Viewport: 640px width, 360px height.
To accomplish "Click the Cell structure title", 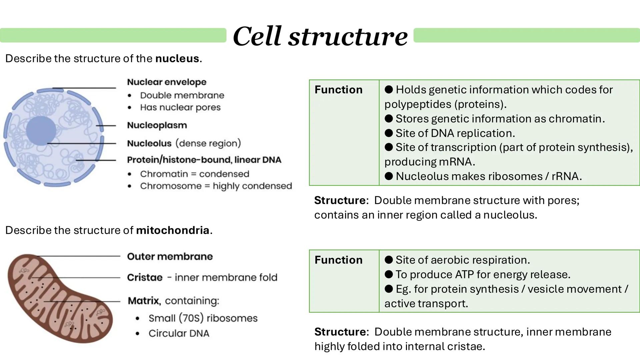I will coord(320,36).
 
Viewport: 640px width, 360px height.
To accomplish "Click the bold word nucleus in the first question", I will coord(177,59).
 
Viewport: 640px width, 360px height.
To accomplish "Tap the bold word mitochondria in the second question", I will coord(173,230).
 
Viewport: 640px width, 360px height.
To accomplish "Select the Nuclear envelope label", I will coord(167,82).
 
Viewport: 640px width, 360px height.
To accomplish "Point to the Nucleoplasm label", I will coord(157,125).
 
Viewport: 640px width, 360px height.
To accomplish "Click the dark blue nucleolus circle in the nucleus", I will coord(41,130).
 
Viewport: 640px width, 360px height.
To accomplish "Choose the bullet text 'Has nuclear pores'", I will coord(180,107).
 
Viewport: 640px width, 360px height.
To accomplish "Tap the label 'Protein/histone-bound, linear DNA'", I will coord(204,160).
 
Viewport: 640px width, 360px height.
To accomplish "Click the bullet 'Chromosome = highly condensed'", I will coord(216,186).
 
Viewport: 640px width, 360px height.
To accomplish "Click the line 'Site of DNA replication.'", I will coord(455,133).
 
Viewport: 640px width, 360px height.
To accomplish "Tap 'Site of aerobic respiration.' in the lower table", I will coord(462,260).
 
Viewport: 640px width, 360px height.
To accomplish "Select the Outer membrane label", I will coord(170,256).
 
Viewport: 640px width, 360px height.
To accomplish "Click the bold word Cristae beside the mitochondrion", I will coord(145,277).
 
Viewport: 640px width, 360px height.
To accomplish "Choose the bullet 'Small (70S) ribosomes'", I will coord(203,318).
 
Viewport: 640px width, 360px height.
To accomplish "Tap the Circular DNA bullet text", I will coord(179,333).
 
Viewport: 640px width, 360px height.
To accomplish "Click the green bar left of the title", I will coord(113,35).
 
